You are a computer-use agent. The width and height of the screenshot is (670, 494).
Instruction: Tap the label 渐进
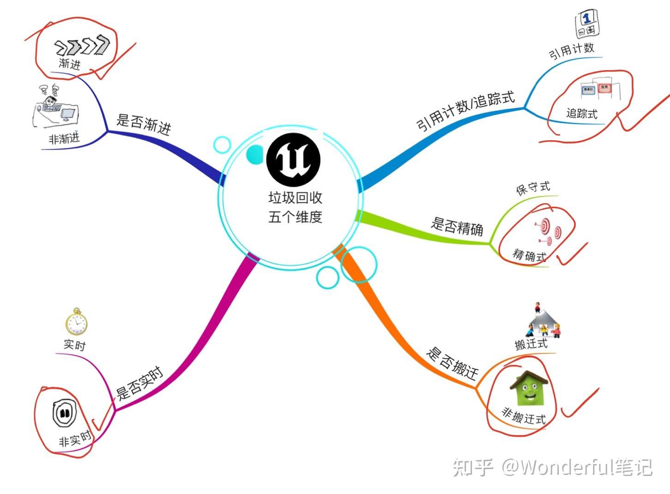coord(70,63)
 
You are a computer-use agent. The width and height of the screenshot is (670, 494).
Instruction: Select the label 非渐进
coord(64,138)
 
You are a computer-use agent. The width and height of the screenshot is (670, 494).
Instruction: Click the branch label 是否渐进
coord(144,125)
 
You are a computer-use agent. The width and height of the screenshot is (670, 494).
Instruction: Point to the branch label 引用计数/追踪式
coord(465,110)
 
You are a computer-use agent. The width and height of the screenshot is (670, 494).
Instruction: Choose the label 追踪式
coord(581,113)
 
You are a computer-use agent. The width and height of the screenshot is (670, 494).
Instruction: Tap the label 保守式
coord(533,188)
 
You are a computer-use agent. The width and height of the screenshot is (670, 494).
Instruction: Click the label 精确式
coord(529,255)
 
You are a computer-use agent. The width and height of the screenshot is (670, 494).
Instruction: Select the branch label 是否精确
coord(457,226)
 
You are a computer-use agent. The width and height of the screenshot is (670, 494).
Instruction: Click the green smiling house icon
coord(529,388)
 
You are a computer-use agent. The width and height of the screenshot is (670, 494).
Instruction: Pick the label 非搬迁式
coord(524,416)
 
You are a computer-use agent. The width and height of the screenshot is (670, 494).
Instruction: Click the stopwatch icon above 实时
coord(76,321)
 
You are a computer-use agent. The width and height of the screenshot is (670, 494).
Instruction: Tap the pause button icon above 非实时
coord(64,413)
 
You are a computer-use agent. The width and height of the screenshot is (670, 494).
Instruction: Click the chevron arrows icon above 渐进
coord(82,46)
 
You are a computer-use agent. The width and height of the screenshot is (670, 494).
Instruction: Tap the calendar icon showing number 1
coord(586,24)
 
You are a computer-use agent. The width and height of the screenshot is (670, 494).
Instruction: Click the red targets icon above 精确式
coord(549,231)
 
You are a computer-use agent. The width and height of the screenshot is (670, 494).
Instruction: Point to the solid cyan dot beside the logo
coord(254,155)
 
